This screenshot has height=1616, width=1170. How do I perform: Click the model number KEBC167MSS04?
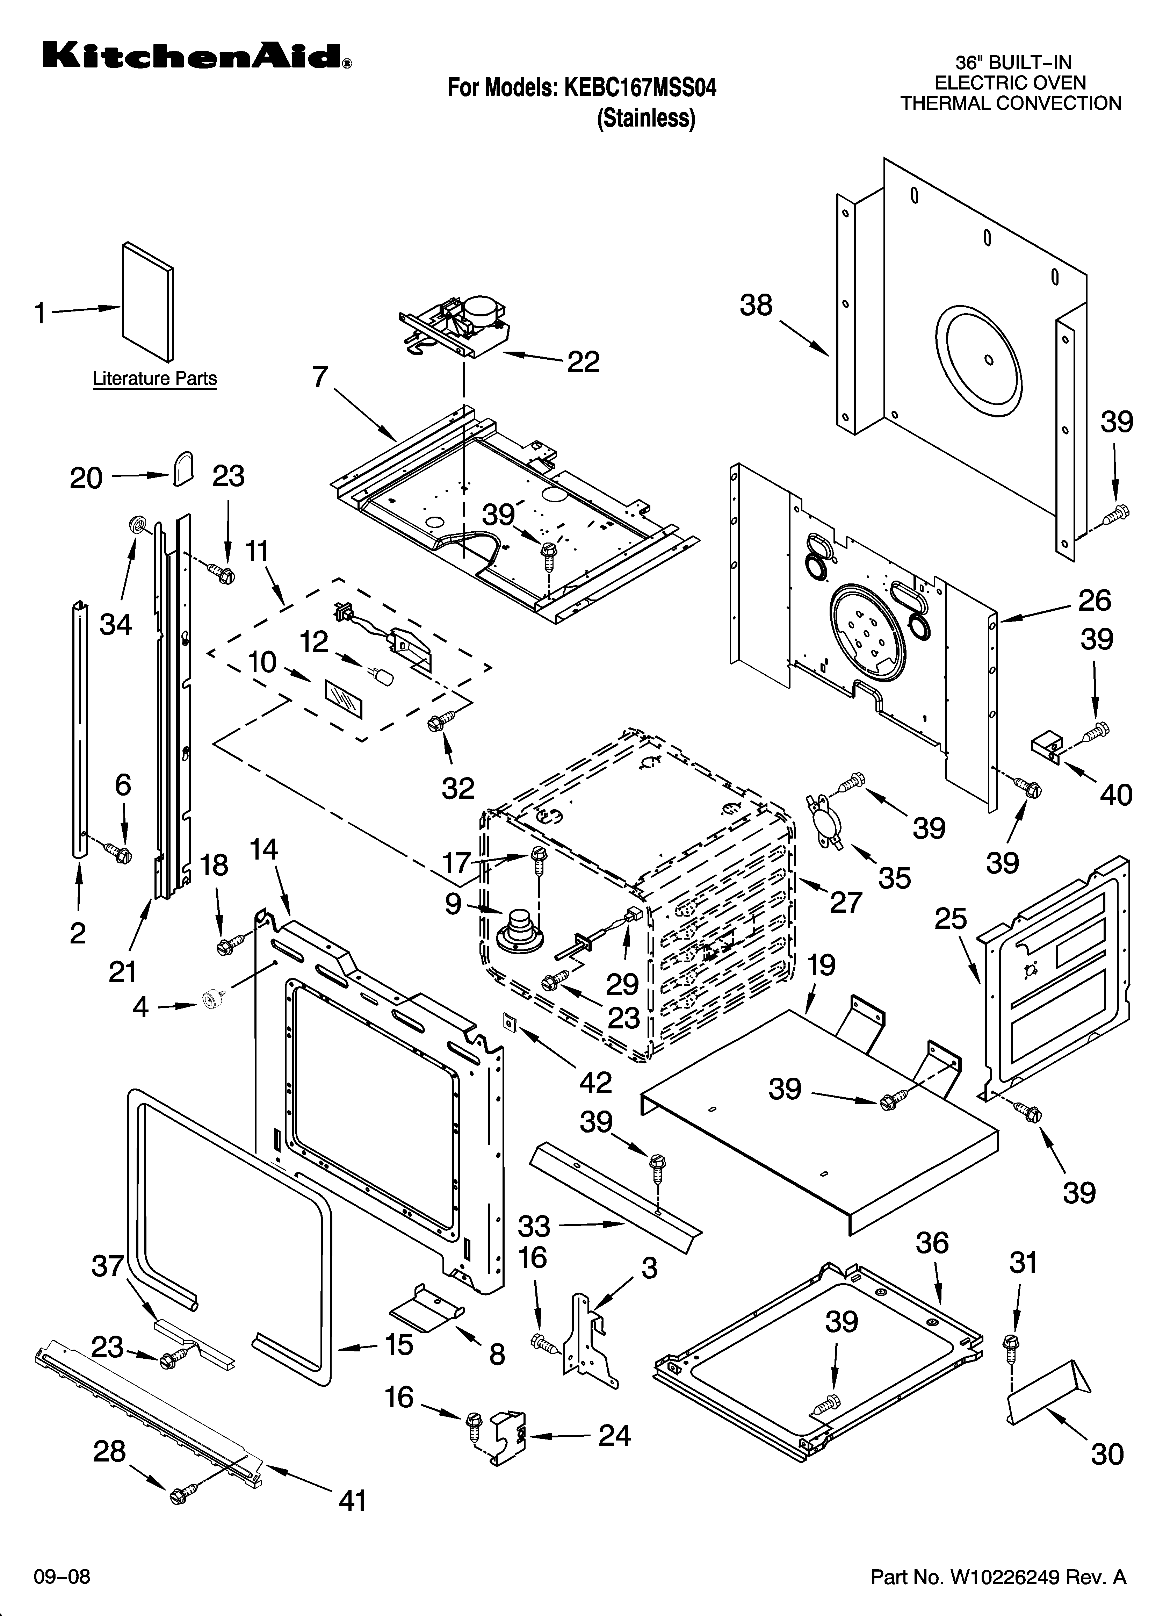639,88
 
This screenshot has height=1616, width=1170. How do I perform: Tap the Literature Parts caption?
154,378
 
